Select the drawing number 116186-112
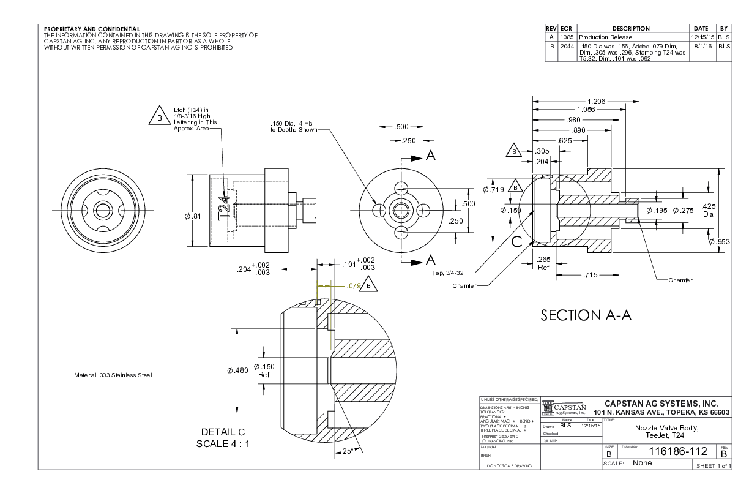coord(678,452)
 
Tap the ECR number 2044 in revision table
coord(566,45)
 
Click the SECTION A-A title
coord(586,315)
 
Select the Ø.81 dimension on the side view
coord(193,216)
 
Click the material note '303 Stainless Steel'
coord(113,375)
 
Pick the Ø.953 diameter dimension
coord(720,241)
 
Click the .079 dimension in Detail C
coord(354,285)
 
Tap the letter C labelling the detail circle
coord(516,241)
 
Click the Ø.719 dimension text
coord(493,190)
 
